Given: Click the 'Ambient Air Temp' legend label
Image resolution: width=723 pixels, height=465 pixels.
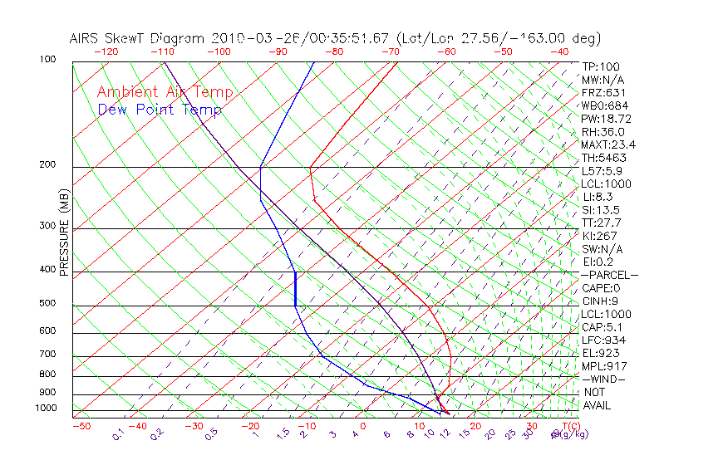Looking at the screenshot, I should pyautogui.click(x=165, y=92).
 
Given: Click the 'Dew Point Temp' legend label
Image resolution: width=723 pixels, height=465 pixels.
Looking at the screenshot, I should pyautogui.click(x=159, y=110).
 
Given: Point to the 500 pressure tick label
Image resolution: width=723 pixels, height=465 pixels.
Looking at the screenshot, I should pyautogui.click(x=47, y=304).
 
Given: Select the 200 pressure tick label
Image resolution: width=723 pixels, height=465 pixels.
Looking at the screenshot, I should pyautogui.click(x=47, y=165).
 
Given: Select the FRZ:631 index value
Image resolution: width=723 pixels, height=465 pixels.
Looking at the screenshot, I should pyautogui.click(x=600, y=93).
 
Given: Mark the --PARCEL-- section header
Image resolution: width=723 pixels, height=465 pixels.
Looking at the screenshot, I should pyautogui.click(x=609, y=275).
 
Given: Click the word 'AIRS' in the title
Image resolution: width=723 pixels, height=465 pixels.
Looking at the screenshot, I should pyautogui.click(x=86, y=38).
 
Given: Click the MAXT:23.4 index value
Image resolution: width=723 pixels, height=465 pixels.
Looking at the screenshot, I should pyautogui.click(x=607, y=145).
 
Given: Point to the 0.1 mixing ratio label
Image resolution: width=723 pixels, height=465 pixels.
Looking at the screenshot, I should pyautogui.click(x=119, y=433).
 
